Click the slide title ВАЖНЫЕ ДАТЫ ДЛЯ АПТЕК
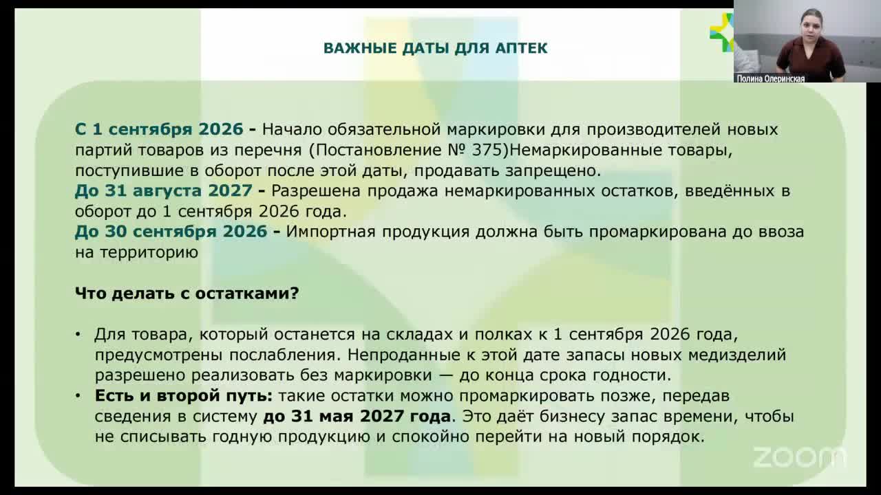tap(436, 48)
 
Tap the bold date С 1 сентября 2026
tap(159, 129)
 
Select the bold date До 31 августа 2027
tap(163, 191)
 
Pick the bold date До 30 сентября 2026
tap(171, 232)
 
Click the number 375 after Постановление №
tap(486, 150)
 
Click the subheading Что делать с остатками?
tap(187, 294)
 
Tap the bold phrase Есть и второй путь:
tap(184, 396)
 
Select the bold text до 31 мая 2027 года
tap(357, 417)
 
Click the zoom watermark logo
tap(799, 457)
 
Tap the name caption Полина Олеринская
tap(770, 78)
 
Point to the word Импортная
tap(330, 232)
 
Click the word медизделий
tap(737, 355)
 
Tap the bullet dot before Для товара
tap(78, 334)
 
